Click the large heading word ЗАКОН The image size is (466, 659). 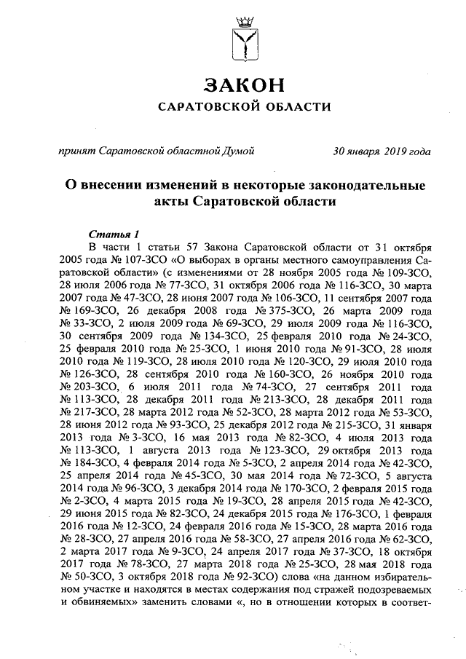coord(245,85)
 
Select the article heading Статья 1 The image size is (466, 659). coord(113,234)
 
